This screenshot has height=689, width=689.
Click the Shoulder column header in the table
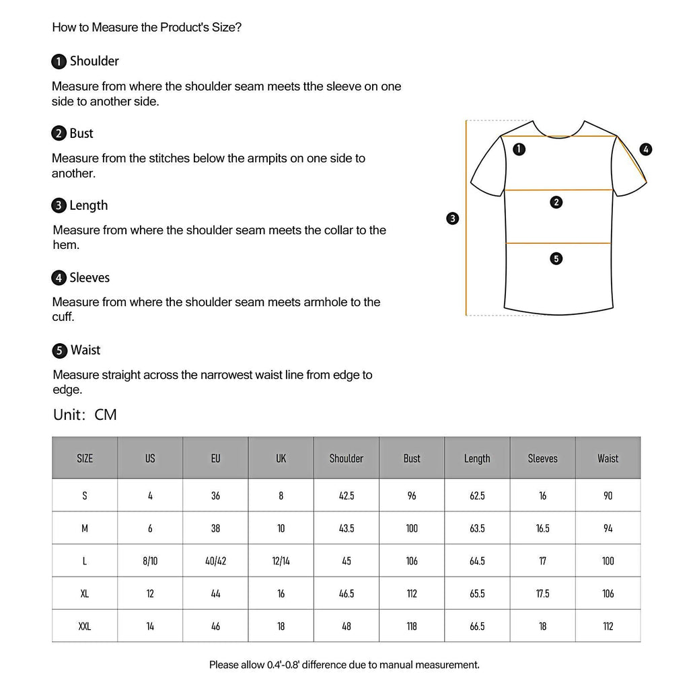pyautogui.click(x=347, y=458)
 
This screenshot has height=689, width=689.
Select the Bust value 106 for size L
pyautogui.click(x=412, y=560)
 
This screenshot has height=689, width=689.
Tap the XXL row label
pyautogui.click(x=85, y=626)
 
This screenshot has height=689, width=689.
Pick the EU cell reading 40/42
pyautogui.click(x=215, y=560)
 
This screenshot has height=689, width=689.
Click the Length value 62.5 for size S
pyautogui.click(x=477, y=496)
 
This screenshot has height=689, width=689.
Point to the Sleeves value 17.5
pyautogui.click(x=542, y=593)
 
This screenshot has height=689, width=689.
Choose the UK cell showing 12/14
pyautogui.click(x=281, y=560)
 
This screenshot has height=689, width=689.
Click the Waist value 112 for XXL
pyautogui.click(x=608, y=626)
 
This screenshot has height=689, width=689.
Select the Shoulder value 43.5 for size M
pyautogui.click(x=347, y=528)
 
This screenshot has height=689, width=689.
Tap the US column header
pyautogui.click(x=150, y=458)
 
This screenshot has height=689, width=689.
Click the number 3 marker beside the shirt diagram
pyautogui.click(x=453, y=218)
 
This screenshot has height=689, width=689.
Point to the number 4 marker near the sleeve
pyautogui.click(x=646, y=149)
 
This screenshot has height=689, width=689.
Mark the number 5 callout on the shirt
pyautogui.click(x=556, y=258)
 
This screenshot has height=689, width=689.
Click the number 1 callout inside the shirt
pyautogui.click(x=519, y=149)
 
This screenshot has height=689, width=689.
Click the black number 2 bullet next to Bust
pyautogui.click(x=59, y=134)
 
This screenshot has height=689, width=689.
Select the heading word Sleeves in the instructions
pyautogui.click(x=89, y=278)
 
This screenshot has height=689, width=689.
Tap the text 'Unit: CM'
pyautogui.click(x=85, y=414)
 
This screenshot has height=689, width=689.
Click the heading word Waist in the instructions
pyautogui.click(x=85, y=350)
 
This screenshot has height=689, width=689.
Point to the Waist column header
pyautogui.click(x=608, y=458)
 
